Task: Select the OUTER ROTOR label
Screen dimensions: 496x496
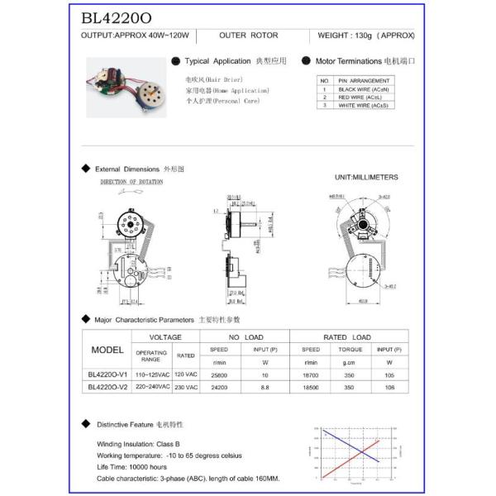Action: click(249, 36)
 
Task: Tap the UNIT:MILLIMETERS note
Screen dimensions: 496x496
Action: click(366, 177)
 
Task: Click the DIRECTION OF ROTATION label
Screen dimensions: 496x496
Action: click(131, 182)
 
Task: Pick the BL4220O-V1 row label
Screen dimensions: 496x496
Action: click(107, 374)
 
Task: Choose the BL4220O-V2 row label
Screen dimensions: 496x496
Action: click(107, 387)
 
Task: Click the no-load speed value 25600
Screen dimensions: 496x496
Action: click(220, 374)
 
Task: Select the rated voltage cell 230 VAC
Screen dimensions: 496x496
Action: click(185, 387)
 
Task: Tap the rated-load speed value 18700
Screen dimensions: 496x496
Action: click(311, 374)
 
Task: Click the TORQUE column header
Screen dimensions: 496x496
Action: click(349, 349)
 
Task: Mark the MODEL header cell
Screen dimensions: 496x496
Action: click(107, 349)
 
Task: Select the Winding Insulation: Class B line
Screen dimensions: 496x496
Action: click(145, 444)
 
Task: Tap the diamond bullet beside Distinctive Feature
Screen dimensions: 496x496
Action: click(85, 424)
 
